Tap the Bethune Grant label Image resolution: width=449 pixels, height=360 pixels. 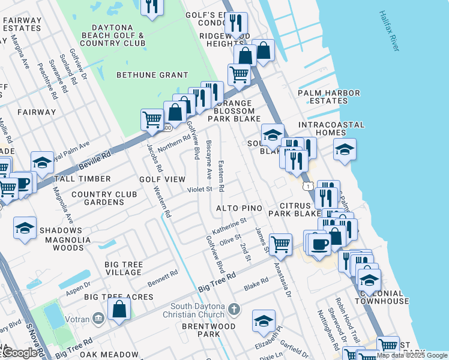pos(144,75)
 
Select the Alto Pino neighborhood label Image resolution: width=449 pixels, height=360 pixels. pos(240,208)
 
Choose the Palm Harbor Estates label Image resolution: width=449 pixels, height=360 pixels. pos(329,97)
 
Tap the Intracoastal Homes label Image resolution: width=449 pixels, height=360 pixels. pos(331,129)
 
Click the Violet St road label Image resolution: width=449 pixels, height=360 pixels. pos(200,189)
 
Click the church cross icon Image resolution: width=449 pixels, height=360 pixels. pos(234,310)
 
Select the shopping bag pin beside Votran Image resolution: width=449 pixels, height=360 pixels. pos(119,310)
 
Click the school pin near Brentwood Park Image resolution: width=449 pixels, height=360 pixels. pos(263,321)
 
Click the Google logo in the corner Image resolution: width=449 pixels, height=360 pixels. pos(20,353)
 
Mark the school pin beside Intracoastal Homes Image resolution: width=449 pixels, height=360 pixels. pos(345,149)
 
